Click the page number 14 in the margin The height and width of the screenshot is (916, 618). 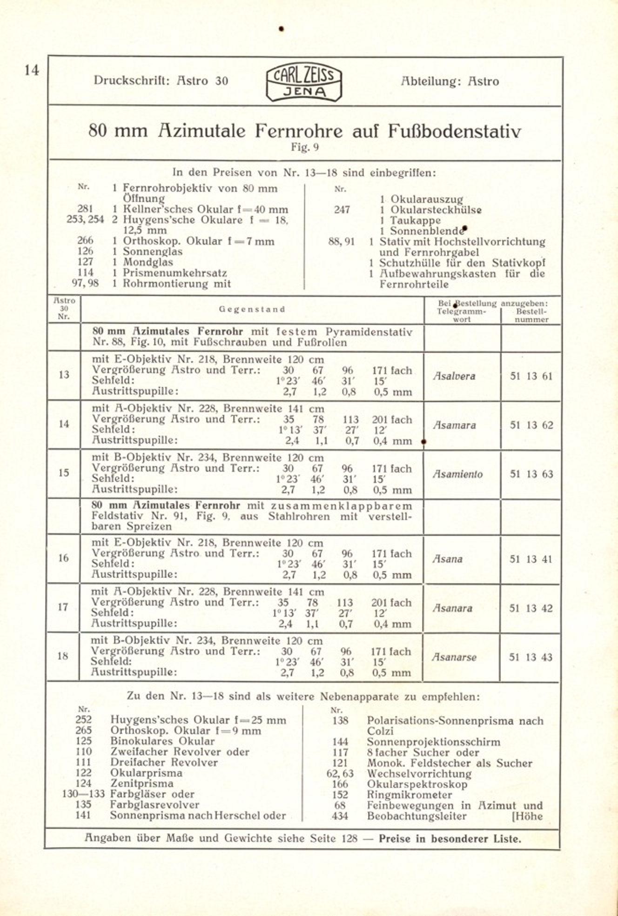(32, 70)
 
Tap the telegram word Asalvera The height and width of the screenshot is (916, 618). (454, 376)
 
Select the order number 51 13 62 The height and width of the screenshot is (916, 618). (531, 425)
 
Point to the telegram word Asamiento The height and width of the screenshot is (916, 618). (458, 474)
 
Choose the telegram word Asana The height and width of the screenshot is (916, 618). (447, 559)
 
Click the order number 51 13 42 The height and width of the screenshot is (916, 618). (531, 608)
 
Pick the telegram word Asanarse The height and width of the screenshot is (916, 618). (454, 657)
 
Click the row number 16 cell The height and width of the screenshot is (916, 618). (63, 558)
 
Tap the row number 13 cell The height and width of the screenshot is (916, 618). (64, 375)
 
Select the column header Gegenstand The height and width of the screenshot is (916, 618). (252, 309)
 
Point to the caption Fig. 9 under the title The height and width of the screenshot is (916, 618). (305, 147)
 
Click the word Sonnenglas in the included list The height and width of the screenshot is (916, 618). (153, 252)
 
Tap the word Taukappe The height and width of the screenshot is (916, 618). (415, 220)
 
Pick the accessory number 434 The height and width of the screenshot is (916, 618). (340, 816)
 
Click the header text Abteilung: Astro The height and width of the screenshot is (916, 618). (450, 81)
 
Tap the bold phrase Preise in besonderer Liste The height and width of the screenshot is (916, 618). (450, 839)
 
